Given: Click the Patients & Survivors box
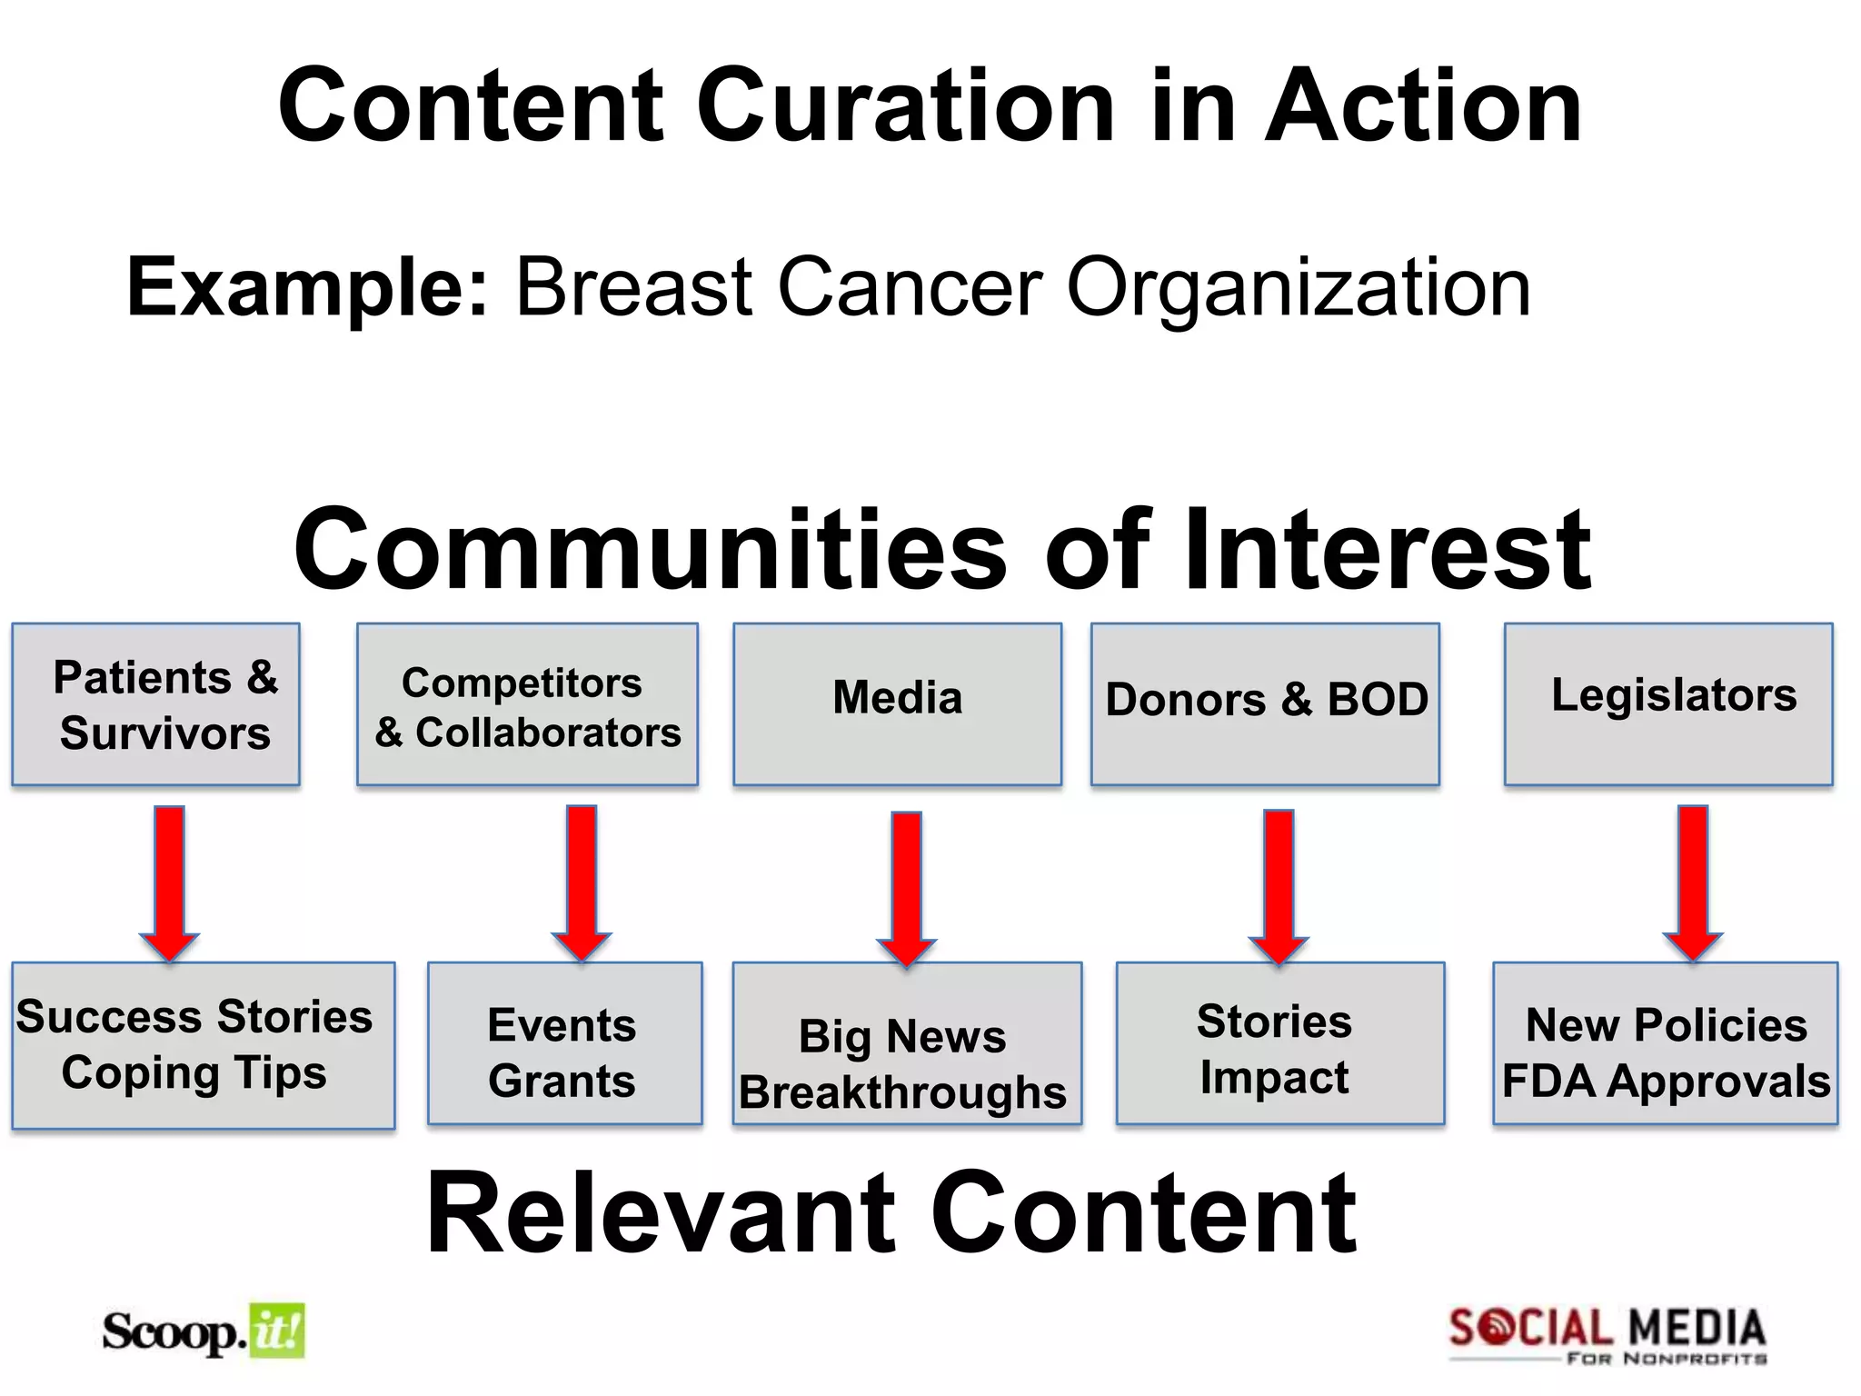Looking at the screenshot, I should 155,704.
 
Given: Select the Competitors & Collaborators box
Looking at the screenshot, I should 527,704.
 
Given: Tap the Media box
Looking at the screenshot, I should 897,704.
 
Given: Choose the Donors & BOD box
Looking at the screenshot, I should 1265,704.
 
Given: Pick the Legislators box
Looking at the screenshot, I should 1668,704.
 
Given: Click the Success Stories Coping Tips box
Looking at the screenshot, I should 203,1045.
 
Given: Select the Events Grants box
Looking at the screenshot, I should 564,1043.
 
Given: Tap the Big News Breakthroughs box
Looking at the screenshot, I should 907,1043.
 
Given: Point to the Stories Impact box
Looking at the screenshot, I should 1279,1043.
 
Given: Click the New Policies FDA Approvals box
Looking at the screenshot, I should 1665,1043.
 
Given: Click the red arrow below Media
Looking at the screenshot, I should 906,886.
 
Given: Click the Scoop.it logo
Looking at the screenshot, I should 204,1331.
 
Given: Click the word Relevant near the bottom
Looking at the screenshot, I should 665,1213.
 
